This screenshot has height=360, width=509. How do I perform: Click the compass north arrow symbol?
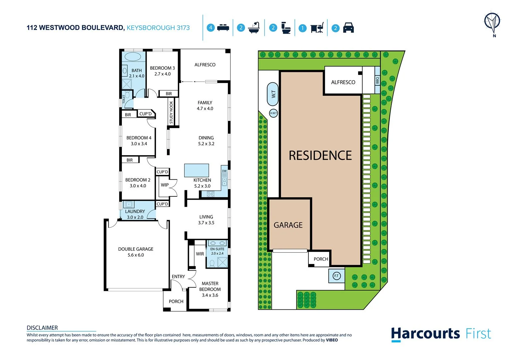[492, 23]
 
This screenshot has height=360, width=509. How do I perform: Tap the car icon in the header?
[348, 28]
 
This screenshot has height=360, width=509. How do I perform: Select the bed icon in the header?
[223, 28]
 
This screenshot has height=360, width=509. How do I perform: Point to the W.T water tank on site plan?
[273, 94]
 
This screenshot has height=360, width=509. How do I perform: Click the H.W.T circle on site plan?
[273, 113]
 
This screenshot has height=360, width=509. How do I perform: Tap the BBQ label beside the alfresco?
[377, 80]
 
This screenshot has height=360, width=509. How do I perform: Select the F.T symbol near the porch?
[336, 276]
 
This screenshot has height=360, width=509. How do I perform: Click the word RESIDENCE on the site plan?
[320, 155]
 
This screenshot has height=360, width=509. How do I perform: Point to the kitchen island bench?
[197, 170]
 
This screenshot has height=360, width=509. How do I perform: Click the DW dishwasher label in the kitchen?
[224, 171]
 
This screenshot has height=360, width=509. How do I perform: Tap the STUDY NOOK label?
[171, 113]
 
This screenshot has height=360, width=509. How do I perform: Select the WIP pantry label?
[165, 185]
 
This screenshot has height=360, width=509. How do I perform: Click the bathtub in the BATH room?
[133, 56]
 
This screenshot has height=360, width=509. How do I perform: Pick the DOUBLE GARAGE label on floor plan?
[136, 249]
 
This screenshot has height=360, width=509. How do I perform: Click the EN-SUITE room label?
[217, 249]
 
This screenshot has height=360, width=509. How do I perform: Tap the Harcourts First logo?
[441, 334]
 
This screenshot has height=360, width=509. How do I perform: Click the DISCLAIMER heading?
[42, 328]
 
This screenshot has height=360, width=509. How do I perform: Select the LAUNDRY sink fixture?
[129, 204]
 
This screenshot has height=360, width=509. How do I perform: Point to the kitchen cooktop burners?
[211, 194]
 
